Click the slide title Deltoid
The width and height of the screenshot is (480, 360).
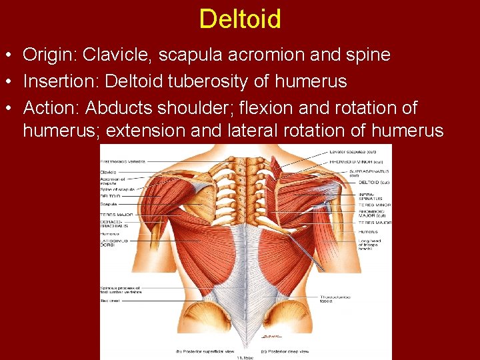tap(240, 19)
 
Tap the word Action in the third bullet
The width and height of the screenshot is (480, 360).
tap(49, 107)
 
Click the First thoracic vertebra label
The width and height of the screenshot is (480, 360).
tap(122, 161)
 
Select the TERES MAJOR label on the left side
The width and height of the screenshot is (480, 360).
tap(116, 215)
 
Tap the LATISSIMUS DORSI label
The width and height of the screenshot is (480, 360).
tap(114, 242)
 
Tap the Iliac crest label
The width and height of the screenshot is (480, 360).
tap(110, 300)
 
